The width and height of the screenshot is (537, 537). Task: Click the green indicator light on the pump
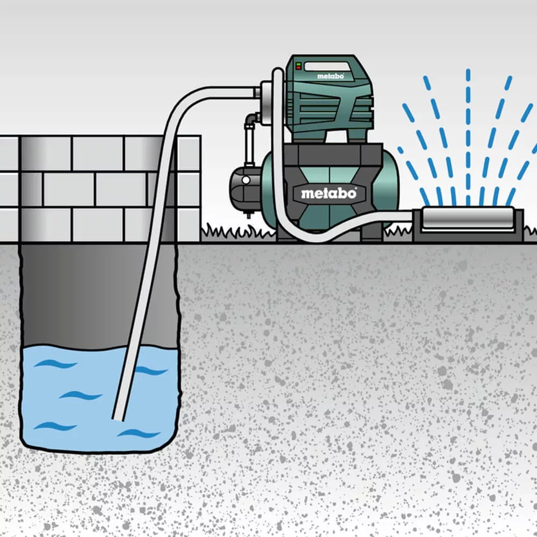pyautogui.click(x=298, y=64)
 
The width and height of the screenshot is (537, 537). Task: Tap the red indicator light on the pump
pyautogui.click(x=298, y=68)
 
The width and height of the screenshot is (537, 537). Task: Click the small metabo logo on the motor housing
pyautogui.click(x=330, y=76)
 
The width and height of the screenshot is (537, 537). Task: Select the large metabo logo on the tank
pyautogui.click(x=329, y=193)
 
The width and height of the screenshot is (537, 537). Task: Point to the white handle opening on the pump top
pyautogui.click(x=326, y=67)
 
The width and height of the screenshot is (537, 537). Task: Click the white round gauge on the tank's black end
pyautogui.click(x=246, y=180)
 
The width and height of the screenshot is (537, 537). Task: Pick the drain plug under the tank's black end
pyautogui.click(x=246, y=215)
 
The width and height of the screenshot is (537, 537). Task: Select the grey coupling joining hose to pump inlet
pyautogui.click(x=257, y=92)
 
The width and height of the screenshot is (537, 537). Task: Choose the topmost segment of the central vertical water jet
pyautogui.click(x=468, y=75)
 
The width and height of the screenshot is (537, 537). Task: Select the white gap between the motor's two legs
pyautogui.click(x=337, y=137)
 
